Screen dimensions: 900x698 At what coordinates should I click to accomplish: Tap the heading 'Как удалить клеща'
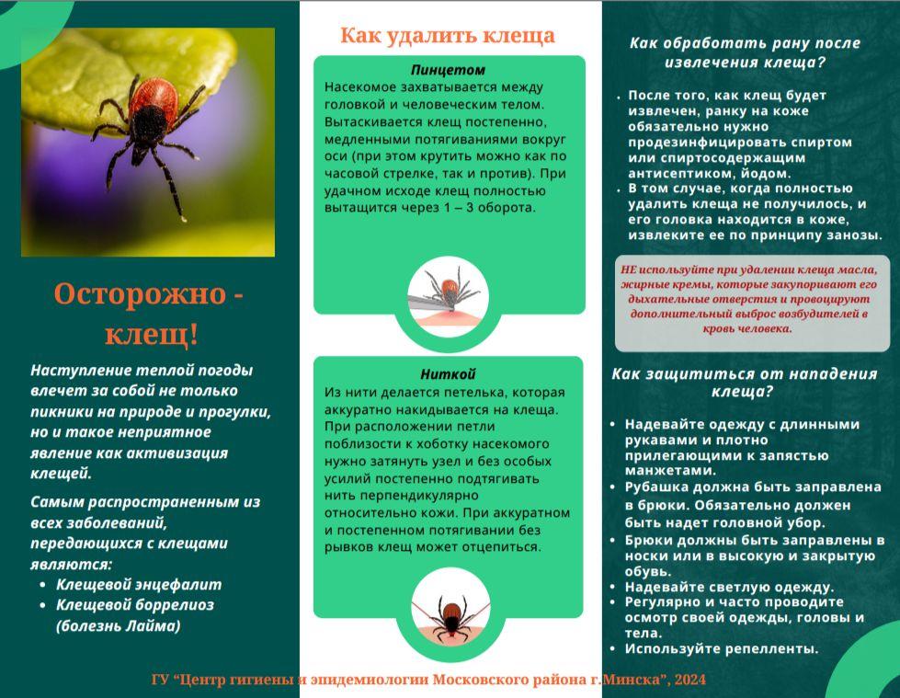(447, 36)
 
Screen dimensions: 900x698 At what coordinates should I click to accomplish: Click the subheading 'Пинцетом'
(448, 70)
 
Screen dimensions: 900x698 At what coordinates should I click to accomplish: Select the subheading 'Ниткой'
(448, 374)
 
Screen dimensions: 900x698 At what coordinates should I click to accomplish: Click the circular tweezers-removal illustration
(448, 296)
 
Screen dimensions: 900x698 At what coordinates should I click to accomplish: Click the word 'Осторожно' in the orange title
(140, 294)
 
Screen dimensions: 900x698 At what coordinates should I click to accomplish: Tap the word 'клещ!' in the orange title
(152, 334)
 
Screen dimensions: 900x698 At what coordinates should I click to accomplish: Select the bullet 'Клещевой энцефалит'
(138, 584)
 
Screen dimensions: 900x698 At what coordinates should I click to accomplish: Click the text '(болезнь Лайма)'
(119, 625)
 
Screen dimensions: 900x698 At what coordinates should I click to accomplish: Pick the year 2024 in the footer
(689, 680)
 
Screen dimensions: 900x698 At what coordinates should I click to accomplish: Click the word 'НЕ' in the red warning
(629, 269)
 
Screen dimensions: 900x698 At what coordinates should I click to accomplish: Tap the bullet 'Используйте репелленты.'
(722, 648)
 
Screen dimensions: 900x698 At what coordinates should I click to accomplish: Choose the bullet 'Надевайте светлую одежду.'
(729, 588)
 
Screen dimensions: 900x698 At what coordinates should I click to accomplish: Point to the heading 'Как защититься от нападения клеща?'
(745, 383)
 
